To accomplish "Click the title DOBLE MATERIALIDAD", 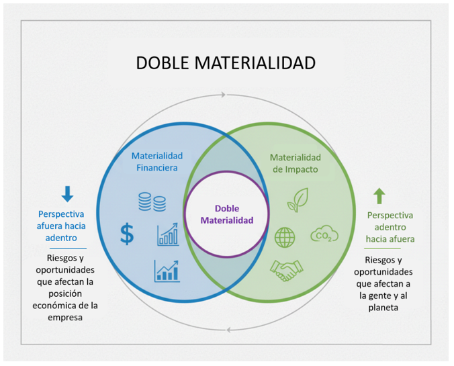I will pyautogui.click(x=226, y=62).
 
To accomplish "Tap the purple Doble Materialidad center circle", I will pyautogui.click(x=226, y=214).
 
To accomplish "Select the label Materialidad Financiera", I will pyautogui.click(x=156, y=161).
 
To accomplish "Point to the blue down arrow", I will pyautogui.click(x=67, y=194).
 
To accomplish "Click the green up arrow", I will pyautogui.click(x=379, y=195).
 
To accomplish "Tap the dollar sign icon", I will pyautogui.click(x=127, y=234).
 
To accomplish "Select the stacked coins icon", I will pyautogui.click(x=152, y=201).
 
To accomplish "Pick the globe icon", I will pyautogui.click(x=285, y=237).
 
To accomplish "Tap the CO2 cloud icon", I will pyautogui.click(x=324, y=235).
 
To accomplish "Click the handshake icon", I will pyautogui.click(x=287, y=270).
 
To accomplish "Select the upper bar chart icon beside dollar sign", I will pyautogui.click(x=168, y=234).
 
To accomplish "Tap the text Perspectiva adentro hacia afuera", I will pyautogui.click(x=390, y=227).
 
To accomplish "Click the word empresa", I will pyautogui.click(x=66, y=318).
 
